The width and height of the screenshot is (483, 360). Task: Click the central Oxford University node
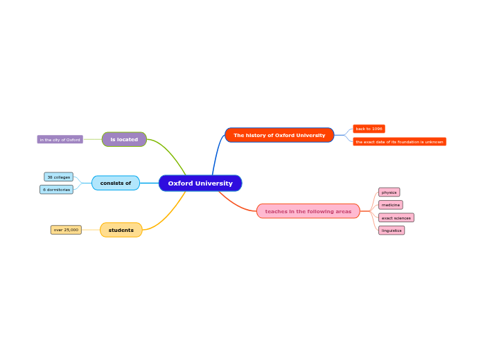(200, 183)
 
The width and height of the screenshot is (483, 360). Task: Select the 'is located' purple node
(124, 139)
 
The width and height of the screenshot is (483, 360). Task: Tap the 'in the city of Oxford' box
(60, 140)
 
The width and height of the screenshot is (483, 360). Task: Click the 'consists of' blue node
(116, 183)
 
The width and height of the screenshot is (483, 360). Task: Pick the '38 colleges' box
(59, 177)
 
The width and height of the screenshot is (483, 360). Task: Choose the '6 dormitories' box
(57, 190)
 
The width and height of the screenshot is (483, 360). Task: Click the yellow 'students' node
(121, 230)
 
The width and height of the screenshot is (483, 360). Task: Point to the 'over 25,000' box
(66, 230)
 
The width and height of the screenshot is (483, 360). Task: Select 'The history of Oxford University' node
(279, 135)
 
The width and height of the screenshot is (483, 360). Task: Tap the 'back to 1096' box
(369, 129)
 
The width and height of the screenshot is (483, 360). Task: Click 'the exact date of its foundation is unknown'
(399, 142)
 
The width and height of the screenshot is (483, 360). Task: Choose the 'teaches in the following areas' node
(308, 211)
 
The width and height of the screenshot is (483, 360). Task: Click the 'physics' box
(389, 192)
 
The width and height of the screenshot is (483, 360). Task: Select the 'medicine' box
(391, 205)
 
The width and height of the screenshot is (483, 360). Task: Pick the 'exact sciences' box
(396, 218)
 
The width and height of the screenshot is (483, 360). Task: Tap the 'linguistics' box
(392, 231)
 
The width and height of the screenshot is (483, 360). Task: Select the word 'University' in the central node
(214, 183)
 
